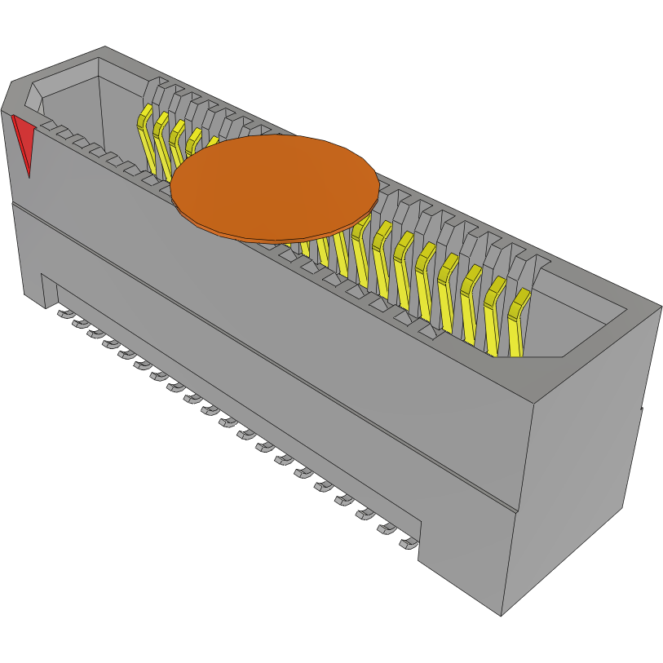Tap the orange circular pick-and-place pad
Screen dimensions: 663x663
pyautogui.click(x=275, y=186)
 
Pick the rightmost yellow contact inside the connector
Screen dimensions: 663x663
pyautogui.click(x=516, y=322)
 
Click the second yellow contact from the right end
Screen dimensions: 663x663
pyautogui.click(x=493, y=314)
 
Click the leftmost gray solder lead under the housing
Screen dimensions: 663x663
pyautogui.click(x=64, y=313)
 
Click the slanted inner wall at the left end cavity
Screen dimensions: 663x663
pyautogui.click(x=33, y=97)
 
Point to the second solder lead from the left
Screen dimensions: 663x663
pyautogui.click(x=81, y=324)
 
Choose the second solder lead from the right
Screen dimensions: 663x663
pyautogui.click(x=386, y=528)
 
